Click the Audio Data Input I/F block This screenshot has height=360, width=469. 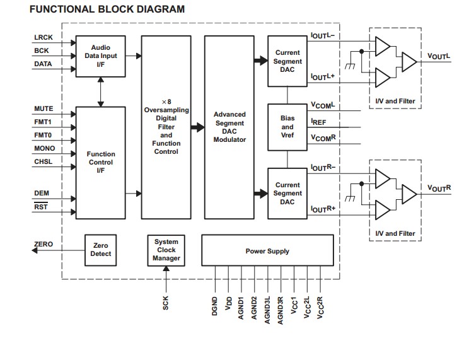[x=100, y=56]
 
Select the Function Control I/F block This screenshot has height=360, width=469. [x=100, y=162]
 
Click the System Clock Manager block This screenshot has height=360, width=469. [x=166, y=250]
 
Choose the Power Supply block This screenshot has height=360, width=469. [x=267, y=251]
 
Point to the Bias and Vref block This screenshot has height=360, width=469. [x=287, y=127]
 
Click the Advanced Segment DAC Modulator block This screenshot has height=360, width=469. [x=229, y=127]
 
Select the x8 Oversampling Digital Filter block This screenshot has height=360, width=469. [x=166, y=127]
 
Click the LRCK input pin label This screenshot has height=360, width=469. [x=43, y=38]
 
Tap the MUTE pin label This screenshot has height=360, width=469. [x=43, y=109]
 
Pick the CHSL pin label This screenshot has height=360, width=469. [x=43, y=162]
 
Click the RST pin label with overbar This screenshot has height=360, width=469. [x=41, y=207]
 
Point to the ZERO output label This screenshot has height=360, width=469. [x=43, y=244]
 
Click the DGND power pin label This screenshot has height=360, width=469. [x=215, y=307]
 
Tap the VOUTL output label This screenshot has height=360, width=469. [x=439, y=57]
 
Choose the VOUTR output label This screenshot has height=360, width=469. [x=439, y=188]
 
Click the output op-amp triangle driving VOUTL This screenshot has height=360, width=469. [x=408, y=61]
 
